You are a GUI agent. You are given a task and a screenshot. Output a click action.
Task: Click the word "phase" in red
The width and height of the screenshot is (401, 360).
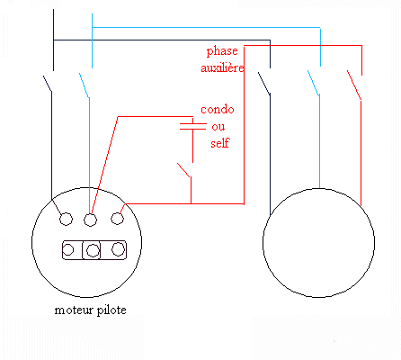(x=222, y=51)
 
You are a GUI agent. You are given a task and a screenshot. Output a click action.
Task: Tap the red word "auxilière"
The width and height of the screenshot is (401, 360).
(x=222, y=67)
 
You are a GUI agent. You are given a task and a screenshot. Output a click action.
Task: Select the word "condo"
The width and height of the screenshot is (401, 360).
(x=218, y=109)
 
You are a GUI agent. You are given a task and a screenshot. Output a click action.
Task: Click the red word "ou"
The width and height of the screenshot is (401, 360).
(x=218, y=127)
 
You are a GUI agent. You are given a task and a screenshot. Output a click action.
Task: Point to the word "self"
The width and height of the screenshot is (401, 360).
(x=220, y=143)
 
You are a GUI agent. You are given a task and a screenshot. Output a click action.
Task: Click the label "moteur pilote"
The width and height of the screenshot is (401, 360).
(x=90, y=310)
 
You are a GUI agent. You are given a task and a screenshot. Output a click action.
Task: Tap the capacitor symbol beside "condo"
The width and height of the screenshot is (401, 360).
(x=192, y=126)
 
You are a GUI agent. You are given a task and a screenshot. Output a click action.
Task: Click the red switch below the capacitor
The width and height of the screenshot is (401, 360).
(x=184, y=170)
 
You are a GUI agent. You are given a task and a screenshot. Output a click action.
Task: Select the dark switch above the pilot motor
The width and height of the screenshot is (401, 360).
(x=48, y=84)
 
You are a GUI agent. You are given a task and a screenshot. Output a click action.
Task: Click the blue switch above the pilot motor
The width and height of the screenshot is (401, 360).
(x=85, y=85)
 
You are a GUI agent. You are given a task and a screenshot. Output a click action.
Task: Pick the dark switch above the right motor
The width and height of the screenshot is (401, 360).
(x=264, y=84)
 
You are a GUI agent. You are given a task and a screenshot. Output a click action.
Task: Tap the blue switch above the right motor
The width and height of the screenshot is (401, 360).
(x=314, y=83)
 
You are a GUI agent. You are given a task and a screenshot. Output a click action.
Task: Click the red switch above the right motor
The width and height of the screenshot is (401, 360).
(x=354, y=85)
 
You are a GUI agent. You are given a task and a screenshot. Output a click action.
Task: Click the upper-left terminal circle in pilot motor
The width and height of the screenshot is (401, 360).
(x=66, y=219)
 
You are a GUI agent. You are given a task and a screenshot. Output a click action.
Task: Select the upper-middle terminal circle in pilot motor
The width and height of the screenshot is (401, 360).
(x=90, y=220)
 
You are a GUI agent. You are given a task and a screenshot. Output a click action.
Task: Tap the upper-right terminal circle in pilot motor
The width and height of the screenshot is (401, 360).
(x=117, y=219)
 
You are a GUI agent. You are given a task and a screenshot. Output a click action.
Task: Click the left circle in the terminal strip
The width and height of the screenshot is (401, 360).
(x=68, y=249)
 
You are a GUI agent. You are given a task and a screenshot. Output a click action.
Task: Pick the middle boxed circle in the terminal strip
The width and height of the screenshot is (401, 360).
(x=93, y=250)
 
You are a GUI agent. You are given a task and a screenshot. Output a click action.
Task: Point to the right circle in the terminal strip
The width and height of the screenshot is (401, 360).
(x=118, y=249)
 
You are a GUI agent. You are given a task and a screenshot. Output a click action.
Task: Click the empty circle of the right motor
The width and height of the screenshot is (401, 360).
(x=318, y=297)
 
